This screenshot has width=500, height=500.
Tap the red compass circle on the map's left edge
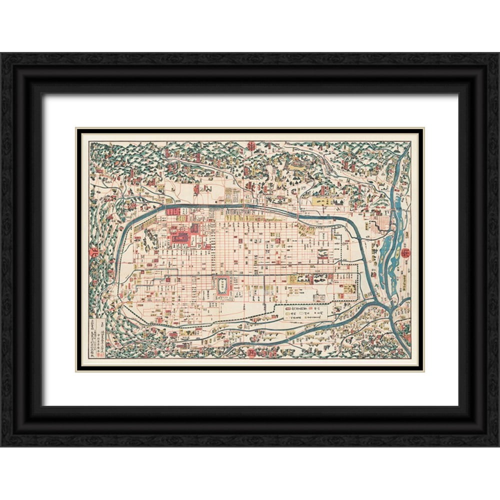[x=93, y=252]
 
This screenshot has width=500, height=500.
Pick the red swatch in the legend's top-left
[x=291, y=309]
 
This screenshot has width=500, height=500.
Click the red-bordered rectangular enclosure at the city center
[x=222, y=285]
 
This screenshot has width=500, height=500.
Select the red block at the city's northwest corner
[x=172, y=211]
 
